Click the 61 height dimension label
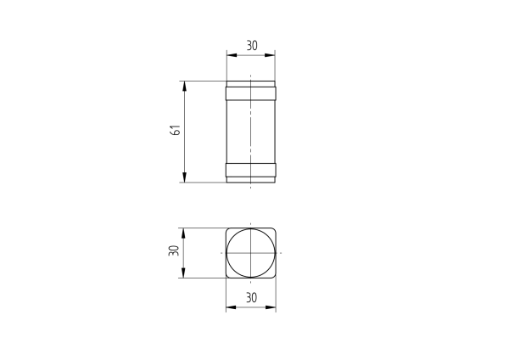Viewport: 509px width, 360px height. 175,131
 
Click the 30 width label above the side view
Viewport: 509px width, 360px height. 251,46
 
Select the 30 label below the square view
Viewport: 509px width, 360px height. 251,298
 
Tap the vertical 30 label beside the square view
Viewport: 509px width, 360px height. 174,252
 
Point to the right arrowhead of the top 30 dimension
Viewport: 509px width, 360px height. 272,55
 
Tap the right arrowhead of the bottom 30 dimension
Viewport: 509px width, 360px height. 272,307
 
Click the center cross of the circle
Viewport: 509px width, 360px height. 251,253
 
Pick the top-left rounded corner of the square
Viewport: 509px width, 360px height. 228,230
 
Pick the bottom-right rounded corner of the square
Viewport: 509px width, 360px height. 274,276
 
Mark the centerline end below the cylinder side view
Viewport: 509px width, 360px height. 251,187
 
